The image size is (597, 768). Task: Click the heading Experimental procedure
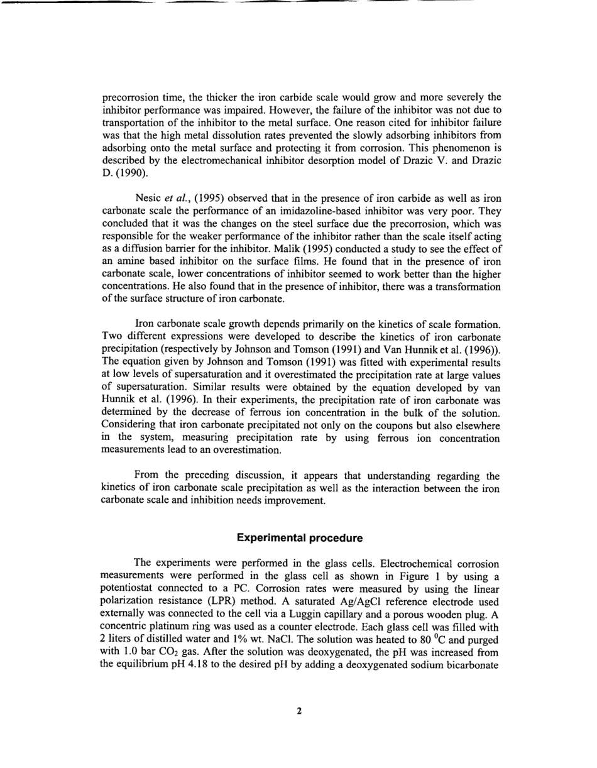pyautogui.click(x=299, y=538)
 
